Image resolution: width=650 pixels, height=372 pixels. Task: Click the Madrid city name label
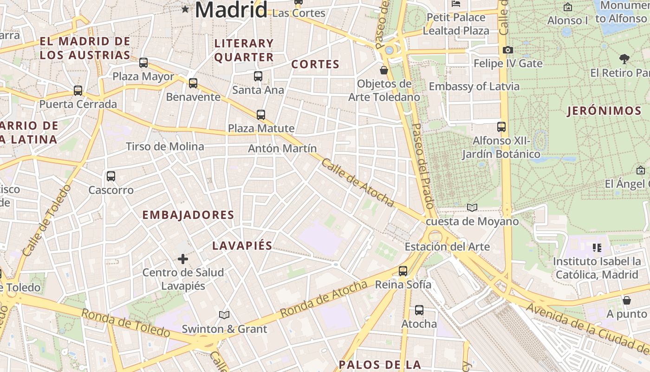231,9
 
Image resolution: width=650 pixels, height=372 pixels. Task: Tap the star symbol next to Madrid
185,9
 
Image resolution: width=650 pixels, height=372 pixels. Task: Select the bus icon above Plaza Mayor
143,62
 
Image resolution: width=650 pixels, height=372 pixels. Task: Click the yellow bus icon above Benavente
193,83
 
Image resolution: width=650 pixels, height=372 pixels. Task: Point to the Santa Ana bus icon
258,76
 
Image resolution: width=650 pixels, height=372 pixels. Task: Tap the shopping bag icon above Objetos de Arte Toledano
384,70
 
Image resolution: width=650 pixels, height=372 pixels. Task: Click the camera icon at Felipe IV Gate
508,50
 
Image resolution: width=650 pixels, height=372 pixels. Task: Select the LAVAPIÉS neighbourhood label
242,246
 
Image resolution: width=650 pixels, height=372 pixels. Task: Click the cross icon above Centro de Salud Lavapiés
183,259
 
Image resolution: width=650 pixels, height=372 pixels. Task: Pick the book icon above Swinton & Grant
224,315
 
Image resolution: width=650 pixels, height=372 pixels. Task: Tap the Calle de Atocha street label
357,183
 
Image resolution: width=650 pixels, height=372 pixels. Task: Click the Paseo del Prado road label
422,165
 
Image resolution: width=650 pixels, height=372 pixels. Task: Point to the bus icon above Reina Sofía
403,271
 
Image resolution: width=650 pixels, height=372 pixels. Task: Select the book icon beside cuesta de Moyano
472,207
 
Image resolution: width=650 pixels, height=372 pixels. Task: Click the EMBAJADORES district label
188,215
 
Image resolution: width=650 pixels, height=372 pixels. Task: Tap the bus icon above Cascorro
110,176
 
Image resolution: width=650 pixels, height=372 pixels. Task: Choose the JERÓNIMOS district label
604,111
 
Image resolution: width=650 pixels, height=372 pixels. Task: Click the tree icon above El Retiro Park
624,59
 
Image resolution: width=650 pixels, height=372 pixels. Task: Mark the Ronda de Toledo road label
125,322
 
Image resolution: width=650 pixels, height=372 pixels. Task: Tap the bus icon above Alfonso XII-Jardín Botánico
501,126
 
